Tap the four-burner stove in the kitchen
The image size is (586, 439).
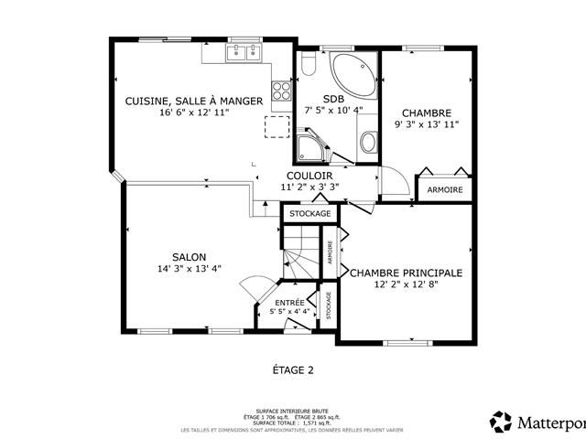point(280,92)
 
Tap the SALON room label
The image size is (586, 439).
point(189,257)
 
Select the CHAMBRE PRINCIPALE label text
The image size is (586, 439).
point(407,273)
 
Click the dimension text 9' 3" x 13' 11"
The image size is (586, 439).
point(427,123)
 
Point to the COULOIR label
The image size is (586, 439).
point(309,176)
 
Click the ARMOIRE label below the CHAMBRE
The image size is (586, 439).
point(445,189)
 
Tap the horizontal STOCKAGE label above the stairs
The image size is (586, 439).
point(310,213)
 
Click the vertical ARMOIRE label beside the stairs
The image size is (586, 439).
point(330,252)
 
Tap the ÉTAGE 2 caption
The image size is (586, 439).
point(293,370)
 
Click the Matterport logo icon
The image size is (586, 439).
point(501,422)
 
